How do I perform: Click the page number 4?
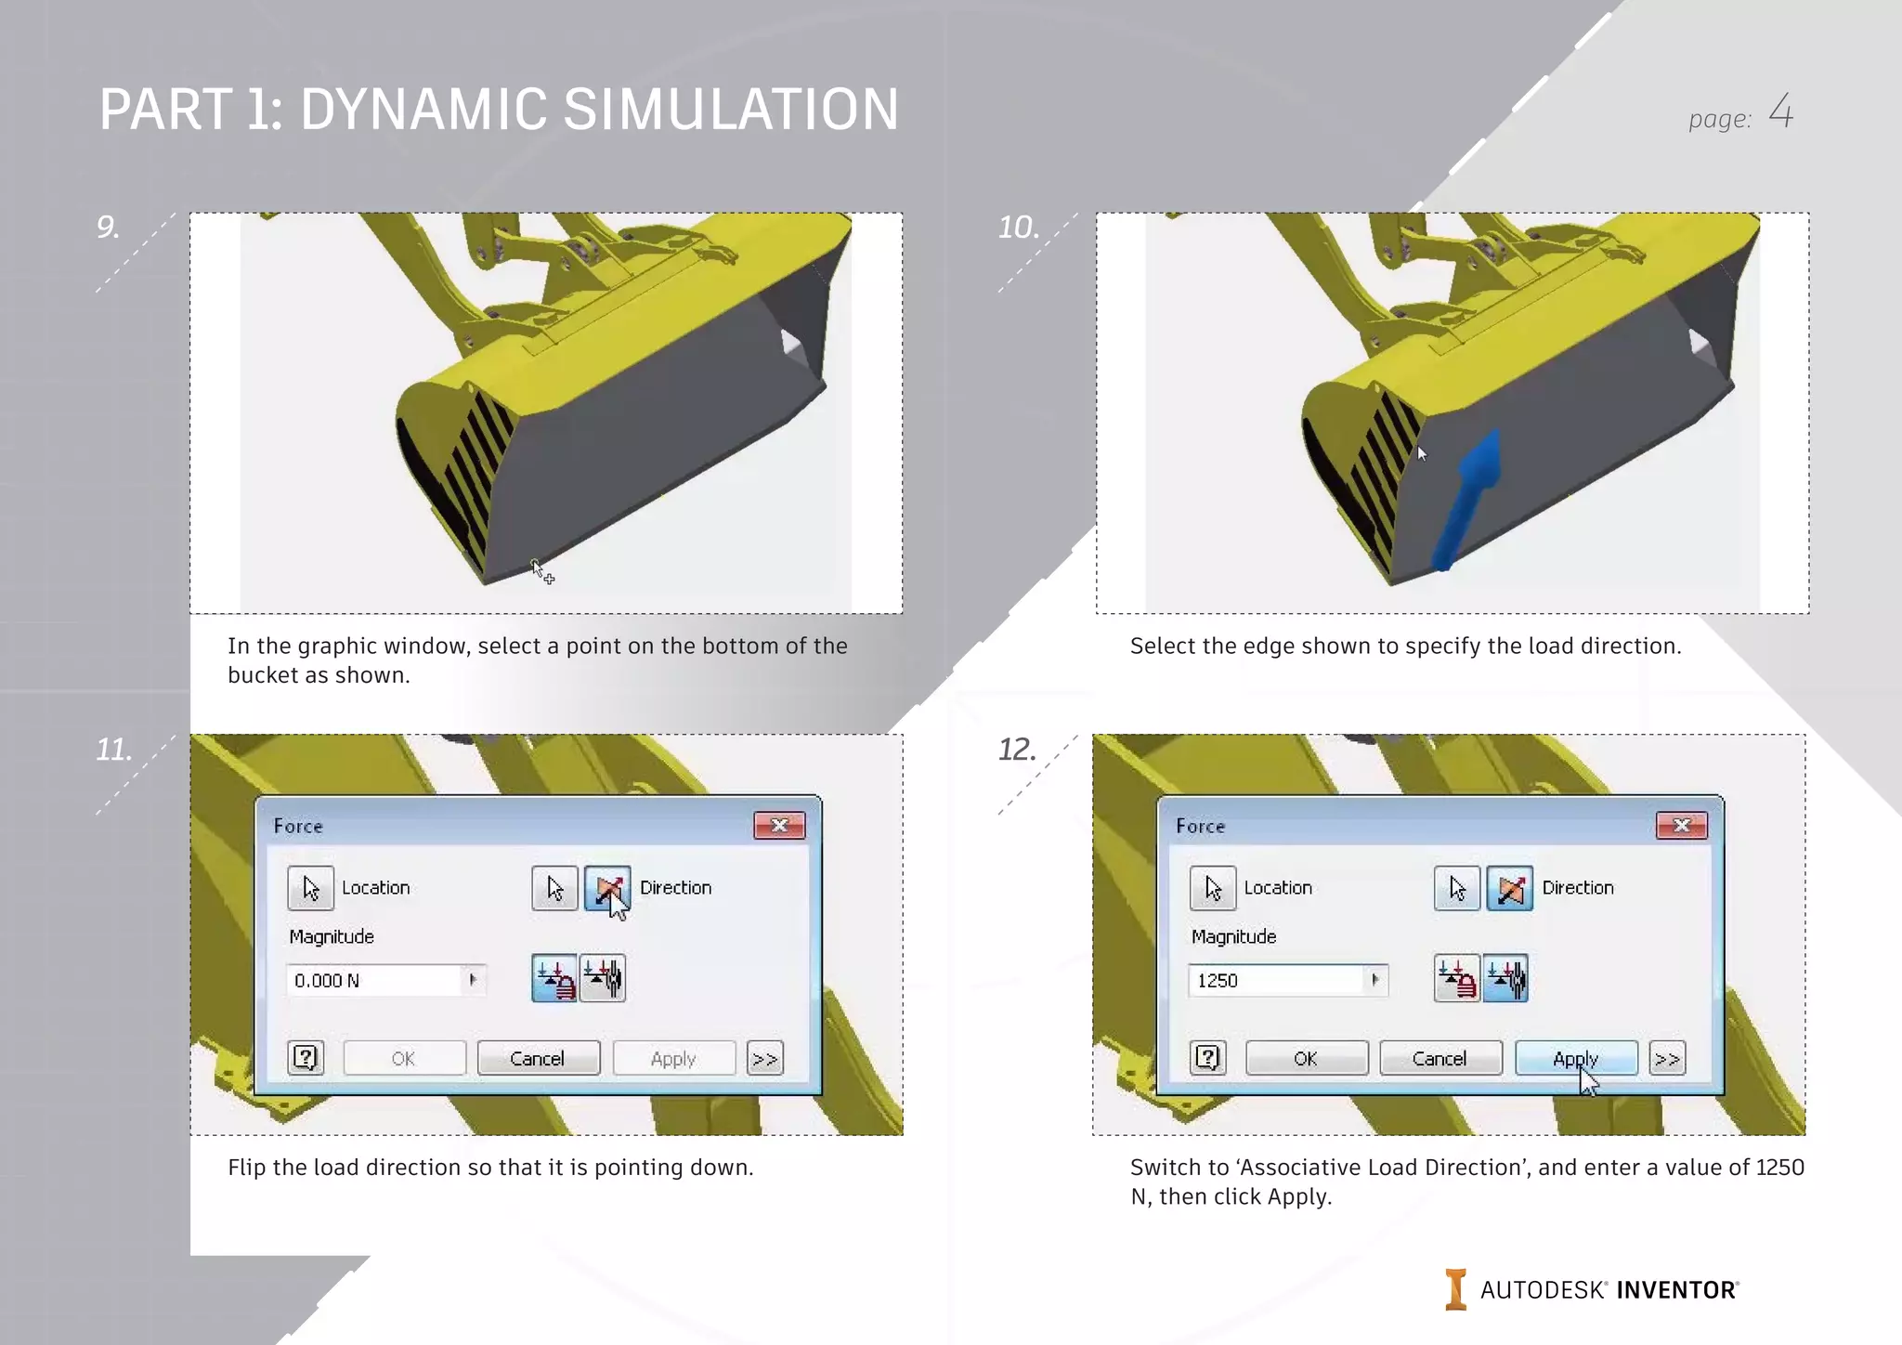[x=1780, y=111]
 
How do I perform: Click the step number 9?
[x=108, y=227]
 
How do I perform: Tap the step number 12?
[x=1017, y=749]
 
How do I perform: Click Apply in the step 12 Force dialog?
[x=1575, y=1058]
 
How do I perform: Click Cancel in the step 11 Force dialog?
[x=537, y=1058]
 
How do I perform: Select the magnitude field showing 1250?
[x=1277, y=980]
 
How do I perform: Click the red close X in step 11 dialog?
[x=779, y=825]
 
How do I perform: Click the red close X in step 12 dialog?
[x=1681, y=825]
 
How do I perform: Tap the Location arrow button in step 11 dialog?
[x=310, y=888]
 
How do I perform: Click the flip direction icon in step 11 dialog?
[x=607, y=888]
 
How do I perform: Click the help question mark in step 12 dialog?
[x=1207, y=1058]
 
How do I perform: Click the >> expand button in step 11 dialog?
[x=764, y=1058]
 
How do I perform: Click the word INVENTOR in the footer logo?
[x=1676, y=1290]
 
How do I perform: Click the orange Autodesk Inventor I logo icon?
[x=1455, y=1289]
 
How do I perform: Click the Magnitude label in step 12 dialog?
[x=1233, y=936]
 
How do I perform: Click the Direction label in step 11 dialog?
[x=675, y=887]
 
